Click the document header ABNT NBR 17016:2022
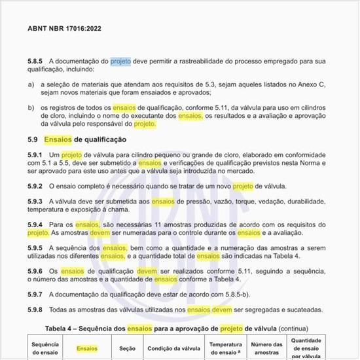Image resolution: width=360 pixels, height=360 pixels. (x=64, y=29)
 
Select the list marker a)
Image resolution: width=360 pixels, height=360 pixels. (x=31, y=84)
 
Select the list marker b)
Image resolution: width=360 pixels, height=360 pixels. (x=31, y=107)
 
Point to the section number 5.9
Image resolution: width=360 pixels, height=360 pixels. (x=33, y=139)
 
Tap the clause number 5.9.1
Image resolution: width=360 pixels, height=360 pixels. (x=36, y=154)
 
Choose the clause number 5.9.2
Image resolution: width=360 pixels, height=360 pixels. (x=36, y=187)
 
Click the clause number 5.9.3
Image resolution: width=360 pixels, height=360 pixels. (x=36, y=202)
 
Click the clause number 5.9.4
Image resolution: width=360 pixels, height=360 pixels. (x=36, y=225)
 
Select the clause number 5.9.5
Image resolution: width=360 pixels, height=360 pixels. (x=36, y=249)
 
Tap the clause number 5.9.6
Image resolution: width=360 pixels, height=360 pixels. (x=36, y=272)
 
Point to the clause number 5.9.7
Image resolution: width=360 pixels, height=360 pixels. (x=36, y=295)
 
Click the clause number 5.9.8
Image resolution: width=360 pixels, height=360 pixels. (x=36, y=310)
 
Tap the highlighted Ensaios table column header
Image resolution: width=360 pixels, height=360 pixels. (x=87, y=348)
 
